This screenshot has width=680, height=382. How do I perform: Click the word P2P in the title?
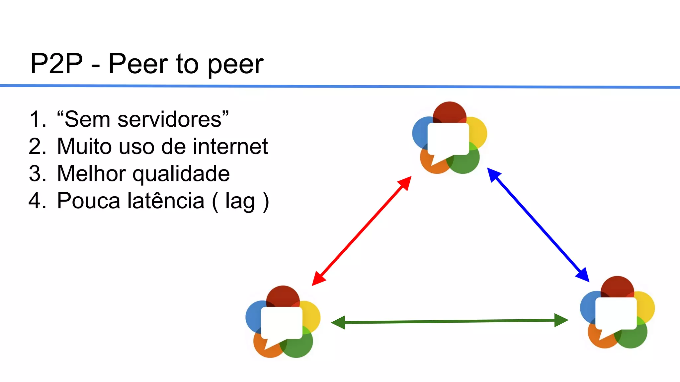[56, 64]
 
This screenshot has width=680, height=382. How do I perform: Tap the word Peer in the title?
[138, 64]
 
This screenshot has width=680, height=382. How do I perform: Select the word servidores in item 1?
[169, 119]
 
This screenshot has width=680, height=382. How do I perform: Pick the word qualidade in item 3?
[181, 174]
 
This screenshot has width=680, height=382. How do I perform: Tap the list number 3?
[37, 173]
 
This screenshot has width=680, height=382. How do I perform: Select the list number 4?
[37, 201]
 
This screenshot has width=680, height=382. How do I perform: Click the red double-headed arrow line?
[362, 231]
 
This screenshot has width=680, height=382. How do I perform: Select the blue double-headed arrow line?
[538, 225]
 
